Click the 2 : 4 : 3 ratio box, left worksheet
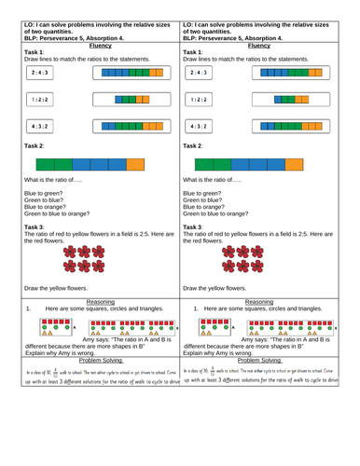click(40, 71)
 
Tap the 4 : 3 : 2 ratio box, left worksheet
click(40, 126)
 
